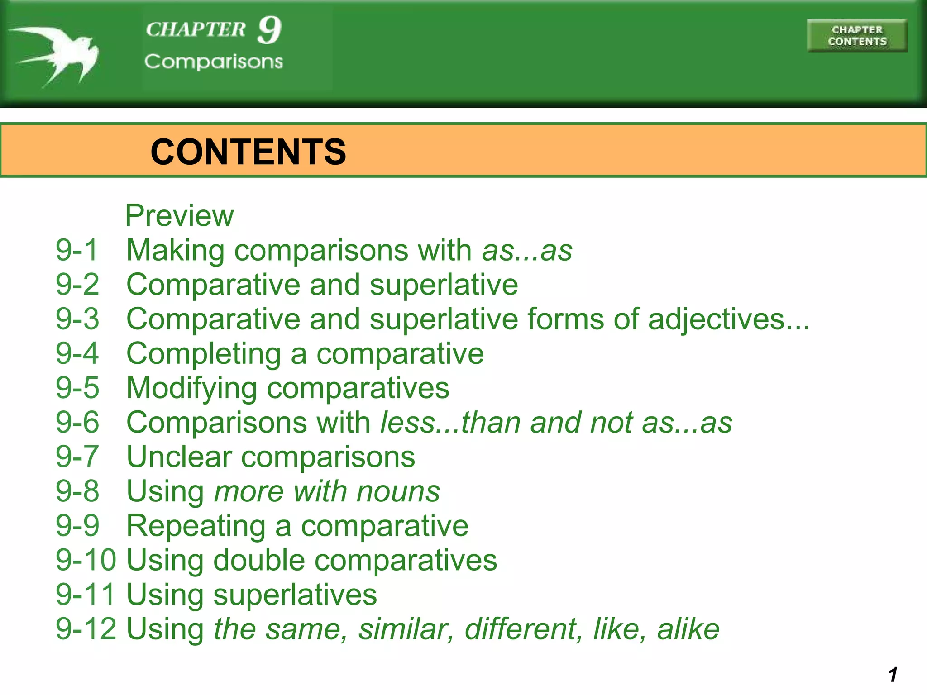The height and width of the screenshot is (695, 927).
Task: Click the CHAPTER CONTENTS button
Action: [857, 36]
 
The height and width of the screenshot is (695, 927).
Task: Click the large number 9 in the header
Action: [270, 30]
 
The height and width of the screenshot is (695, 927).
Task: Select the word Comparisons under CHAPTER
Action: [214, 62]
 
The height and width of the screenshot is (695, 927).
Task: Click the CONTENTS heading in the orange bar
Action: [248, 152]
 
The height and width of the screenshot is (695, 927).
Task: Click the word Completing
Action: [204, 354]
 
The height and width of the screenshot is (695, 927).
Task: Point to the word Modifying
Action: [191, 388]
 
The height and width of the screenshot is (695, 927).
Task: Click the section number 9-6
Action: [77, 422]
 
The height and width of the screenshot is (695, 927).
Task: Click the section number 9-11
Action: [85, 595]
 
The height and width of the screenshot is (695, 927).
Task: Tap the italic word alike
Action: [688, 629]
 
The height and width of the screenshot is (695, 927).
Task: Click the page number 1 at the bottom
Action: [893, 675]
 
